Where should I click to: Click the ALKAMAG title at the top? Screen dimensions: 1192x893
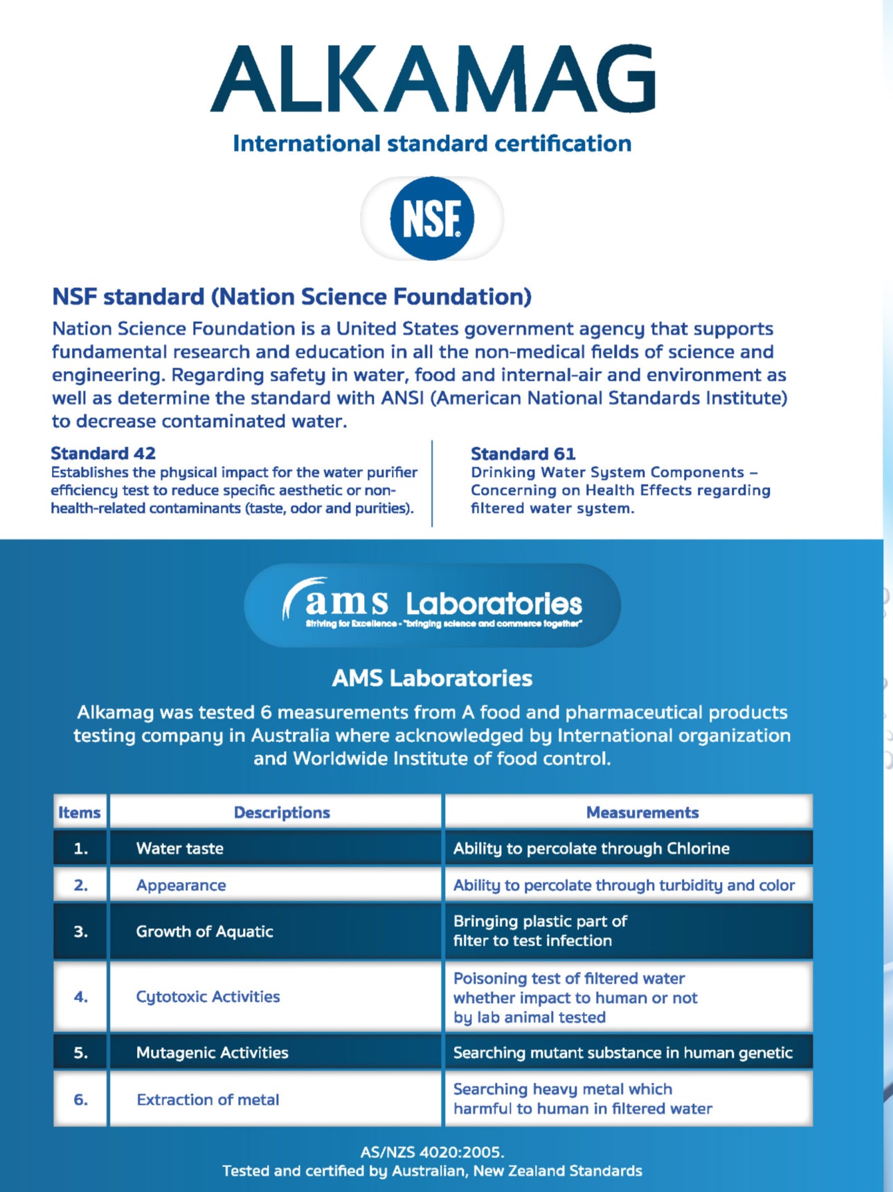[x=433, y=78]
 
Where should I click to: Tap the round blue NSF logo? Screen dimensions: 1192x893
[x=432, y=219]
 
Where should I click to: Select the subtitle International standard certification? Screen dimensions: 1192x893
[x=432, y=143]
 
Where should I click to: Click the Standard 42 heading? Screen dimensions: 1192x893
[x=103, y=453]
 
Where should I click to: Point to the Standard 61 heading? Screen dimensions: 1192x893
[x=523, y=454]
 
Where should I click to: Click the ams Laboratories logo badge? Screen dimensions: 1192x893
[x=432, y=605]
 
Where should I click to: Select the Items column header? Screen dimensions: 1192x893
[x=80, y=812]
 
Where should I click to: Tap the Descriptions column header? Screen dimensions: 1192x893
[x=282, y=812]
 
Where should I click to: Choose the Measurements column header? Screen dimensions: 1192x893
[x=642, y=812]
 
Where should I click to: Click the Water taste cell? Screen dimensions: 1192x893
[x=180, y=849]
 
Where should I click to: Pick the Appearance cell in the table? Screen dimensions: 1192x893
[x=181, y=885]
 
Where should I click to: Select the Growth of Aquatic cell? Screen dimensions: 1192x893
[x=204, y=932]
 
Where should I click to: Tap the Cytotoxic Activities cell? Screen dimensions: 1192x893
[x=208, y=997]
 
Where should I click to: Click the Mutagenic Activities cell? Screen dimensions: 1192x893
[x=212, y=1053]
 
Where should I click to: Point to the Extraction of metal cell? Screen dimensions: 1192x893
[x=208, y=1100]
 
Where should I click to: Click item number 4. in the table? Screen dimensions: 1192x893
[x=81, y=997]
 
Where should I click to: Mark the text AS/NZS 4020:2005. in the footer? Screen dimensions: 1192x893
[x=432, y=1152]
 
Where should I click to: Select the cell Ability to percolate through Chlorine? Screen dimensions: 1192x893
[x=591, y=849]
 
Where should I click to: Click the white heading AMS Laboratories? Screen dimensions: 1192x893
[x=432, y=678]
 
